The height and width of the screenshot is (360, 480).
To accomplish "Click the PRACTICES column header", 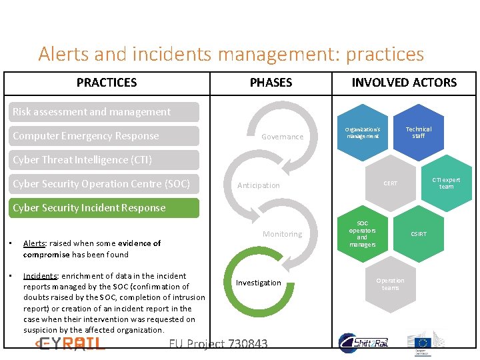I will coord(107,83).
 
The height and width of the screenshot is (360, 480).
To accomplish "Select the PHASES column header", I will coord(271,83).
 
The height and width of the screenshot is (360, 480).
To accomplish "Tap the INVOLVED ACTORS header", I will coord(404,83).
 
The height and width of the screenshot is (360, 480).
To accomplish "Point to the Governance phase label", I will coord(282,137).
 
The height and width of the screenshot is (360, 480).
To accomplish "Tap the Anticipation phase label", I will coord(259,185).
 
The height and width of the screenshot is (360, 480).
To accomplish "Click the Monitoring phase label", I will coord(282,234).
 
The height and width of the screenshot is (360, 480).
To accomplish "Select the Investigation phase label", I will coord(259,283).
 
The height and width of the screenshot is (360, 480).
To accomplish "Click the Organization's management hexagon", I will coord(362,133).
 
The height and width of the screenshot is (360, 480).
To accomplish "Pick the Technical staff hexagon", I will coord(418,133).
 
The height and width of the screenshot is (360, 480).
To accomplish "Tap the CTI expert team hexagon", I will coord(446,183).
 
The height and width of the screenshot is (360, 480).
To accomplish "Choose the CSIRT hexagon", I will coord(419,234).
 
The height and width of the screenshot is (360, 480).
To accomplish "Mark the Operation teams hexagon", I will coord(390,284).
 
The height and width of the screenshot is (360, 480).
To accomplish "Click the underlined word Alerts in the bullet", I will coord(34,243).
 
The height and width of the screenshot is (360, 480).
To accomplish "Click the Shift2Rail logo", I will coord(363,343).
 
